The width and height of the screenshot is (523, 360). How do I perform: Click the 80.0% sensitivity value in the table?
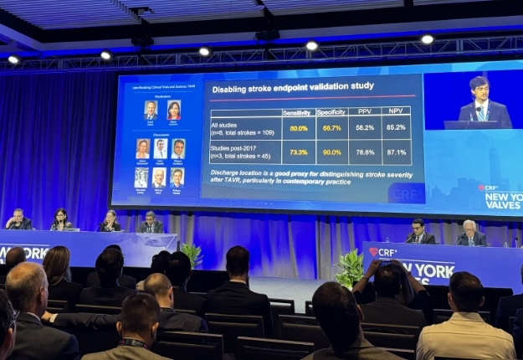coord(299,128)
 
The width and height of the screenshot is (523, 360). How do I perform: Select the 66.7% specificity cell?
coord(331,128)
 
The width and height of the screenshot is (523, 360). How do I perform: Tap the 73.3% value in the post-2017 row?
coord(299,152)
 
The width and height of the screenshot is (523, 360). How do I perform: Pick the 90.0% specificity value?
coord(331,152)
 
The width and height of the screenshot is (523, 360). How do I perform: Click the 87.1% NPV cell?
coord(396,152)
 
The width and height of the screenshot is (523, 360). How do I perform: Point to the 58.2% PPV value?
coord(364,128)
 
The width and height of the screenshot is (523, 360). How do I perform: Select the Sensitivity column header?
coord(297,111)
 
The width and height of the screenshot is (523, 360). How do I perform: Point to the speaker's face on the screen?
coord(479,90)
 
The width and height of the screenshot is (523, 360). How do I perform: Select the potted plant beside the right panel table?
coord(350,267)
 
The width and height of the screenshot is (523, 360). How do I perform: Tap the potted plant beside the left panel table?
coord(192,253)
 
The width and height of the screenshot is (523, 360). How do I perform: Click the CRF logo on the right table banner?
coord(383,252)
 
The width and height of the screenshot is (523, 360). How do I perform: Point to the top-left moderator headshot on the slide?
coord(151,110)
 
